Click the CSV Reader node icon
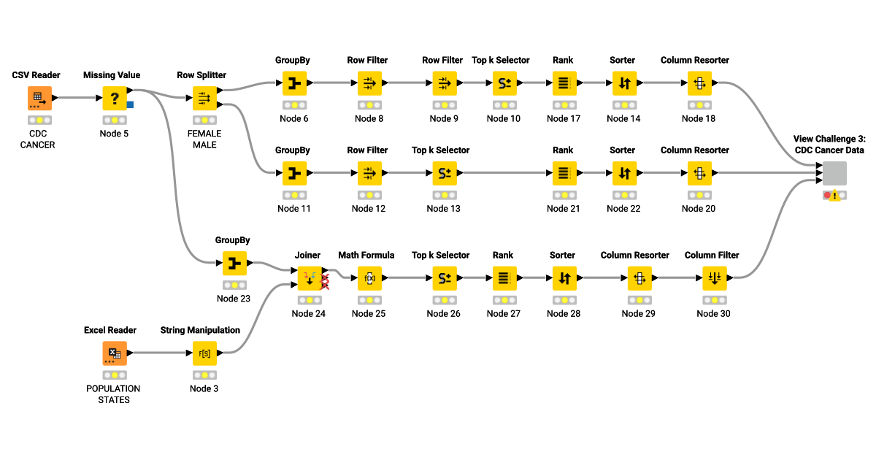40,98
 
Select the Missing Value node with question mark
115,98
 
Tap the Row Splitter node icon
204,98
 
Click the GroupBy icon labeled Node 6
294,83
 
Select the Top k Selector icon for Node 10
504,83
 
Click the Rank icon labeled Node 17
563,83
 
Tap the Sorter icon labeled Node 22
623,174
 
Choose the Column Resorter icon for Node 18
699,83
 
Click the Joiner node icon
309,278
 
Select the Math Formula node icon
369,278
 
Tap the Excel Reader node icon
115,353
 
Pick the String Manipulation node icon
204,353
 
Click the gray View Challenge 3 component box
834,174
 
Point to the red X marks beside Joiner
325,282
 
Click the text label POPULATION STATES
113,394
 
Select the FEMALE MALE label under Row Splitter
204,139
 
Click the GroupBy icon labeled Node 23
234,264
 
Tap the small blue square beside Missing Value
130,104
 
